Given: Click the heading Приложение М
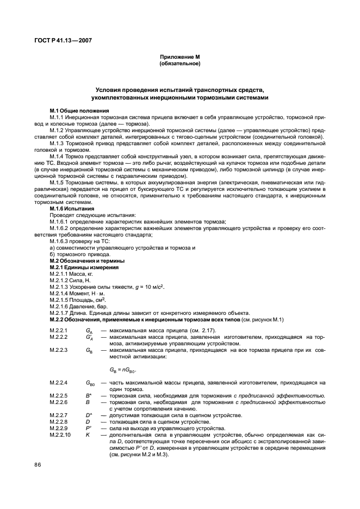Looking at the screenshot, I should coord(179,57).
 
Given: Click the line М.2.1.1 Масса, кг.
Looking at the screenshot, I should coord(71,275).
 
